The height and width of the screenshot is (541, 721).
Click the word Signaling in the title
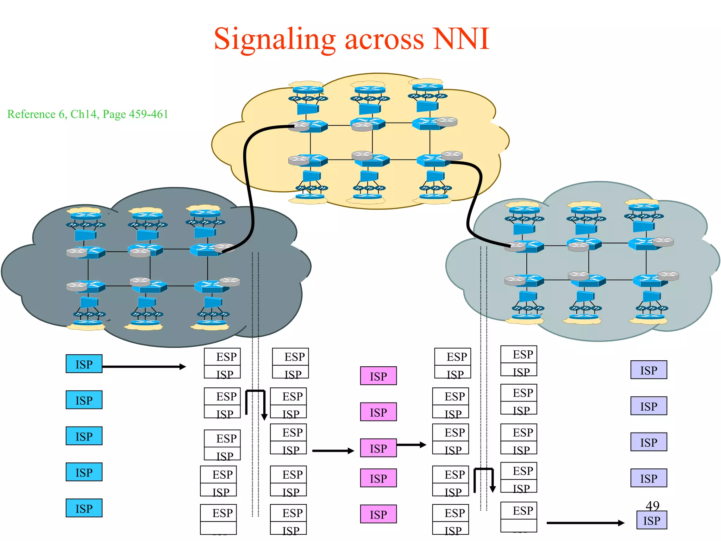point(275,39)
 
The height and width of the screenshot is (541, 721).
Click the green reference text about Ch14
point(88,114)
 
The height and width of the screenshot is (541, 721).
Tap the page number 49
point(652,505)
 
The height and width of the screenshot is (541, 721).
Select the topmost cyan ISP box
point(84,364)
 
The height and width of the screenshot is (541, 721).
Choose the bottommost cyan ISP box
point(84,508)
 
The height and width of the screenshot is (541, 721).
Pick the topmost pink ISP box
point(378,376)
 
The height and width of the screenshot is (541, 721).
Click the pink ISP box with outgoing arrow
point(378,448)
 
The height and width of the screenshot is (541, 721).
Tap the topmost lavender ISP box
point(648,370)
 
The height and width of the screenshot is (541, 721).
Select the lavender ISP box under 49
point(651,520)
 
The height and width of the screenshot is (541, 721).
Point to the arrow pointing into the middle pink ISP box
point(333,450)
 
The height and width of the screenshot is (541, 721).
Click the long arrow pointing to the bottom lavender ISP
point(584,523)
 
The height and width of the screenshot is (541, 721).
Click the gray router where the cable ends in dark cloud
point(224,247)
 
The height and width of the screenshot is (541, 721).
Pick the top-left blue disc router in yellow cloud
point(308,89)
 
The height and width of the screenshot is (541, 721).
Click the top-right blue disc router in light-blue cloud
point(644,206)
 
